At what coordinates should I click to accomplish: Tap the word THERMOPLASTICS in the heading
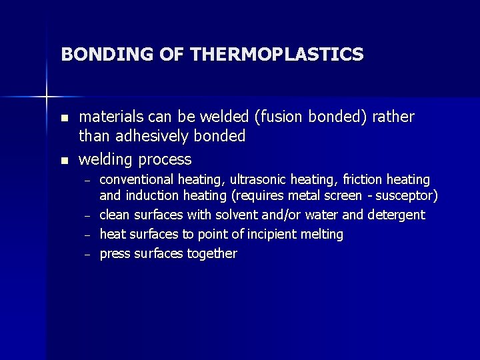(277, 54)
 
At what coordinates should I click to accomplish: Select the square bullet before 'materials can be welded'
(64, 118)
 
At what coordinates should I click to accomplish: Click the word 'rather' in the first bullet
(393, 117)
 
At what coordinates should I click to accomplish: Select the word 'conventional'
(137, 180)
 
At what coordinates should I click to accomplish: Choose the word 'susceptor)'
(409, 196)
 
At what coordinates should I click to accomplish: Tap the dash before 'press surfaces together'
(86, 255)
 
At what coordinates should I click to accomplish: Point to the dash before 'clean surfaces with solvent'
(86, 216)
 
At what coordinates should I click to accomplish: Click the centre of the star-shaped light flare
(47, 97)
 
